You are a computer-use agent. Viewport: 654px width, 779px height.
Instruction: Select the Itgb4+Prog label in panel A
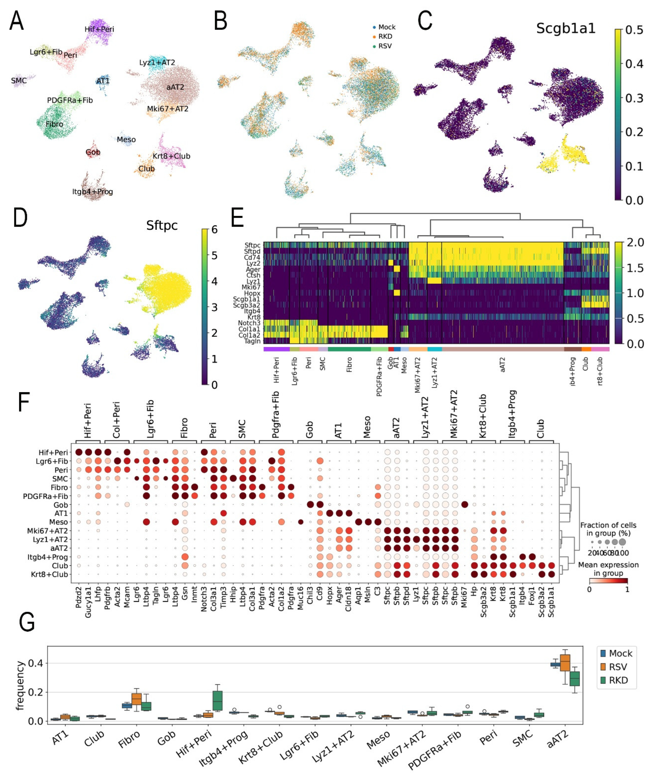(92, 192)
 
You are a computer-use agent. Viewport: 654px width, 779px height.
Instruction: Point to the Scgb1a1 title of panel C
(565, 29)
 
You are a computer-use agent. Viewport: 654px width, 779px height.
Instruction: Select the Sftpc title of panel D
(162, 225)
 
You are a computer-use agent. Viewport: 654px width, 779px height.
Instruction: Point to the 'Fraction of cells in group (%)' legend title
(608, 529)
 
